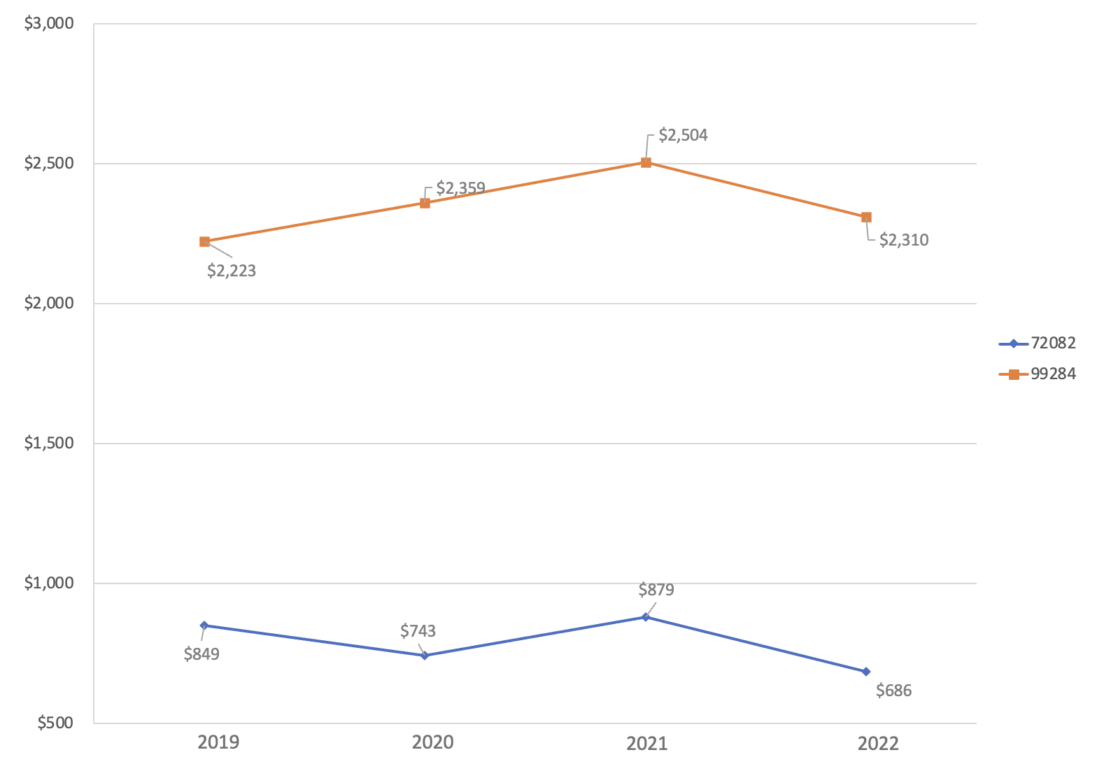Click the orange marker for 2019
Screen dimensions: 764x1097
(204, 241)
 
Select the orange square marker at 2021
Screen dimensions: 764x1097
(646, 162)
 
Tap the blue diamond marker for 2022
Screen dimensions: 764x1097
(866, 672)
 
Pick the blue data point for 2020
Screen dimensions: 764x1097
(425, 656)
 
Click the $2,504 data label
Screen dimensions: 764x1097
(683, 136)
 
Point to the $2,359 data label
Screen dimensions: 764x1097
(460, 188)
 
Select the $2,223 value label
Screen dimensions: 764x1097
(232, 271)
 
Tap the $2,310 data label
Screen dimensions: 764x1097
(904, 241)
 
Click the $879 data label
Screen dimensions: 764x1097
(656, 590)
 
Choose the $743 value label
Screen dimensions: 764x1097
(418, 631)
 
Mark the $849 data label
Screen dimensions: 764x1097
(201, 655)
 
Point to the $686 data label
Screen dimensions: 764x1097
(894, 691)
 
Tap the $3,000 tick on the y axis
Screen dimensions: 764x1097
(49, 24)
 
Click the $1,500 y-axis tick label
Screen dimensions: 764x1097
(49, 443)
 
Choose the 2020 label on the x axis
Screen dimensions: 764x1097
(432, 742)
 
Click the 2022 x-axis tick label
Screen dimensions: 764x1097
(877, 742)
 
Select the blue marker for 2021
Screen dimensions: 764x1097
(646, 617)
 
